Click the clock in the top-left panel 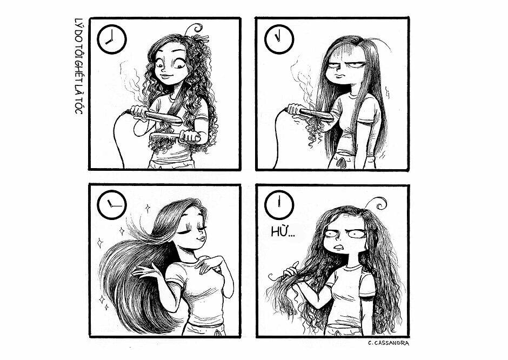(x=111, y=39)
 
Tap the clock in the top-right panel (x=279, y=39)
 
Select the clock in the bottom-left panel (x=111, y=205)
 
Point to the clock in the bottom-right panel (x=279, y=205)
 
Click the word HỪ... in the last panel (x=283, y=232)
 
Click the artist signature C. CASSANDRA (x=389, y=343)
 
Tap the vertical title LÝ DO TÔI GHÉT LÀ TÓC (x=78, y=66)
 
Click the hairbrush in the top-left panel (x=175, y=137)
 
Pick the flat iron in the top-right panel (x=310, y=113)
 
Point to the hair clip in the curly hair (x=202, y=39)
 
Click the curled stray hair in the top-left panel (x=193, y=29)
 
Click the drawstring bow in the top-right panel (x=341, y=162)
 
